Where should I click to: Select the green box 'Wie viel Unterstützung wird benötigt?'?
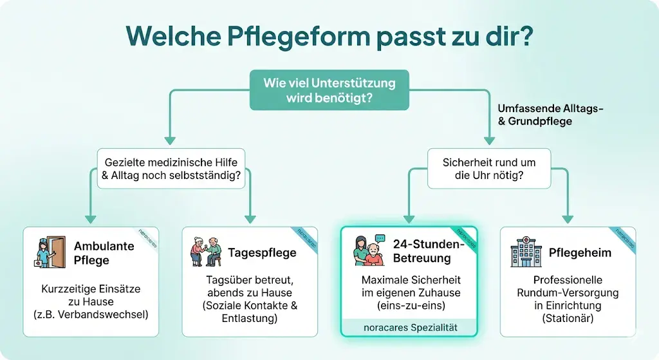pos(329,91)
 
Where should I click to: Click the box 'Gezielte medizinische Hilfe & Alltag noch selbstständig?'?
pos(171,169)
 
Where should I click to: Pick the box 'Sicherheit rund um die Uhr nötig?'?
pos(488,169)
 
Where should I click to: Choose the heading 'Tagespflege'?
pos(262,252)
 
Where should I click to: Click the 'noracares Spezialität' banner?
pos(409,327)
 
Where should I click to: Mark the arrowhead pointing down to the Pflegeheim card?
pos(568,218)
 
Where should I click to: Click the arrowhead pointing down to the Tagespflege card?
pos(250,218)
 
